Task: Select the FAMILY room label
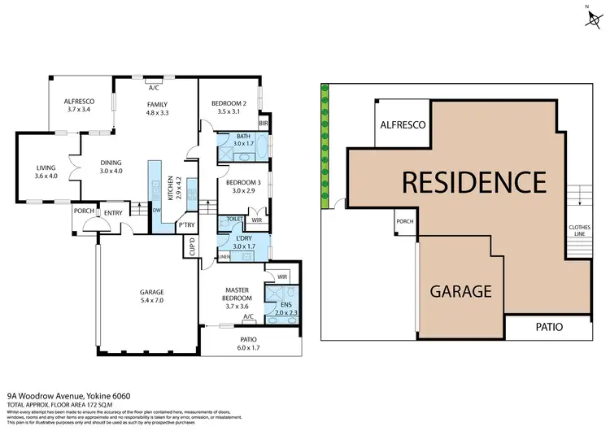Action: (x=156, y=105)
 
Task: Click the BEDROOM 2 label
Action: (x=229, y=103)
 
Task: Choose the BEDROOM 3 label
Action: (x=242, y=182)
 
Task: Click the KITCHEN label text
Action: (x=170, y=189)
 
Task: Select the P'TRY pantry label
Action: (x=187, y=224)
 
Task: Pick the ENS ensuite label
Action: (x=286, y=303)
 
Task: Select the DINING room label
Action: (x=110, y=162)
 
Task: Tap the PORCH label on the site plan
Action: (x=405, y=222)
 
